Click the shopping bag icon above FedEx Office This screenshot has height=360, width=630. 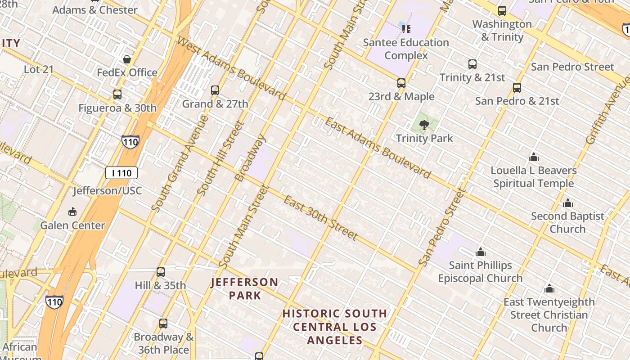pos(127,59)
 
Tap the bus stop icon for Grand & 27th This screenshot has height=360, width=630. pos(215,90)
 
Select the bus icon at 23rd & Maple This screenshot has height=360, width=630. pos(401,83)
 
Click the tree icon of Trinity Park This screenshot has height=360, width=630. pos(424,125)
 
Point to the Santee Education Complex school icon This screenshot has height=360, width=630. pos(406,29)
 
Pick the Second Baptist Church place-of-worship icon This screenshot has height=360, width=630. pos(567,203)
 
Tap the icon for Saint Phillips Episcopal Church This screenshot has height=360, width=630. pos(481,252)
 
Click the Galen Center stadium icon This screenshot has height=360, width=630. pos(72,212)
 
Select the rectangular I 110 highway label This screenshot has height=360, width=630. pos(121,173)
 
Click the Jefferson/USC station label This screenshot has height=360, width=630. pos(108,191)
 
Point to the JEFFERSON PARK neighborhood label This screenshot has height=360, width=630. pos(245,288)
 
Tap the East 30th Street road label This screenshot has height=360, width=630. pos(320,218)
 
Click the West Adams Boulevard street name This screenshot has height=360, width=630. pos(231,68)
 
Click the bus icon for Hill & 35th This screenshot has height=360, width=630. pos(161,272)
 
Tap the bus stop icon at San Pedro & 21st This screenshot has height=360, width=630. pos(517,88)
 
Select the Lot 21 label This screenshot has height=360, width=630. pos(39,69)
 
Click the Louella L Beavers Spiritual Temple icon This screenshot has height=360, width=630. pos(534,157)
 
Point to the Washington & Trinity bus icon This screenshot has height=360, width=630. pos(502,11)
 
